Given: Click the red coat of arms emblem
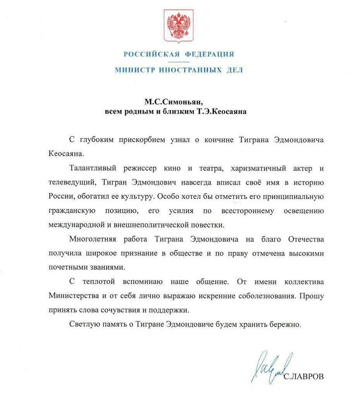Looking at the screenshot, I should click(179, 26).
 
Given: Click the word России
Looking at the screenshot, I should click(61, 196).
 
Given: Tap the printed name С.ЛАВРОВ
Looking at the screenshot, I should click(303, 377).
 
